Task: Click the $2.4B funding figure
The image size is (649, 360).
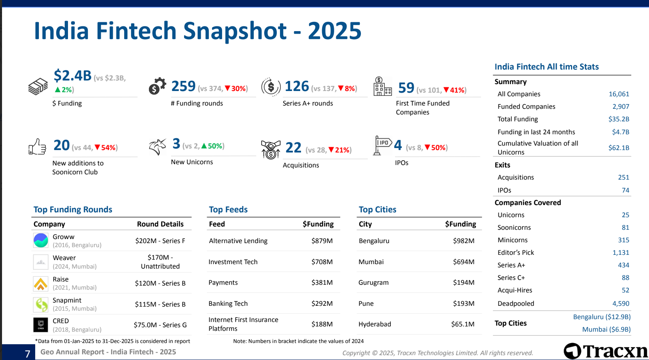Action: (73, 76)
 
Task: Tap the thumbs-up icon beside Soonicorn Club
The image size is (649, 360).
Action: (37, 147)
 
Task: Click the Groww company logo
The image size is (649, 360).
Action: (41, 241)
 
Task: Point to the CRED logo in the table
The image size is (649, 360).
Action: (41, 325)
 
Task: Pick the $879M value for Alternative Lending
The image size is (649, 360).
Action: (322, 241)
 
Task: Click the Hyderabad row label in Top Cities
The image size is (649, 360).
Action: (375, 324)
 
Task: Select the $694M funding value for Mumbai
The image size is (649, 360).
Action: (464, 262)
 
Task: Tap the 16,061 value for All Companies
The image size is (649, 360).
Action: (619, 94)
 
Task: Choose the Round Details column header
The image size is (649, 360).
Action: (160, 224)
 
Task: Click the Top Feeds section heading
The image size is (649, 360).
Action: (228, 210)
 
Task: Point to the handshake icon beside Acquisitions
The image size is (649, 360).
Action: (271, 150)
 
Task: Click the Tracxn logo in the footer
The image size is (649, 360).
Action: (606, 351)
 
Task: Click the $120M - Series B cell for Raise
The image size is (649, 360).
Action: (160, 283)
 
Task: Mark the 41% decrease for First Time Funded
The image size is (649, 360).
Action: (455, 90)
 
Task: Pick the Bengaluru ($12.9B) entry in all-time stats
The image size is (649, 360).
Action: (602, 317)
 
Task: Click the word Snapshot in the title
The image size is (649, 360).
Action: (235, 31)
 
